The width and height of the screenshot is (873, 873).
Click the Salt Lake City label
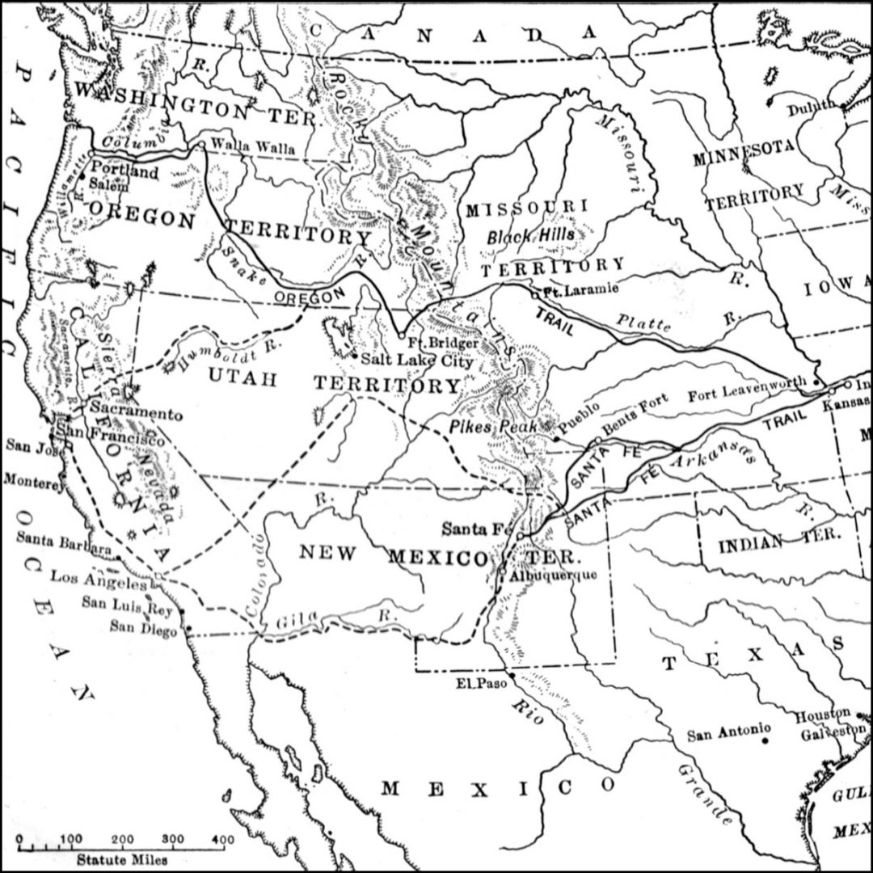pos(416,361)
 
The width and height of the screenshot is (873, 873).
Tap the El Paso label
pos(473,683)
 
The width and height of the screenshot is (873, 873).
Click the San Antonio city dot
pos(765,739)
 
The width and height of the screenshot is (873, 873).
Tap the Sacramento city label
pos(136,412)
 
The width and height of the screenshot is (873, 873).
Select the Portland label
pos(125,172)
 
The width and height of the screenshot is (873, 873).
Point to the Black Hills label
pos(530,237)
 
